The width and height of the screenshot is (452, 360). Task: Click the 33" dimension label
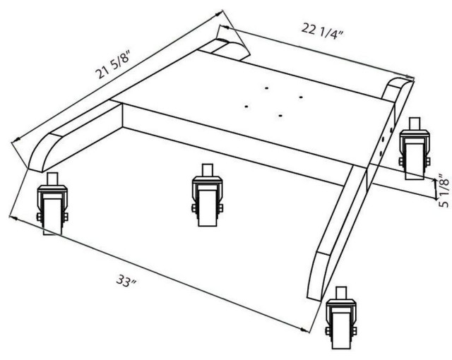pos(126,280)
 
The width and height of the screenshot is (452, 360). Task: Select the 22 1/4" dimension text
pos(323,31)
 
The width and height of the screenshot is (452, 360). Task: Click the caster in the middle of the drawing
pos(207,196)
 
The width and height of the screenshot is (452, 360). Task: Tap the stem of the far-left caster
pos(52,179)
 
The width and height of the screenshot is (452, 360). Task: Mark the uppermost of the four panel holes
pos(267,88)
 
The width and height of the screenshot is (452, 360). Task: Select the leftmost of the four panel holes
pos(246,107)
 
